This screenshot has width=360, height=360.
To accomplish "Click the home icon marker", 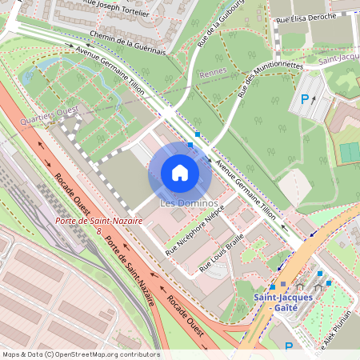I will [x=180, y=173].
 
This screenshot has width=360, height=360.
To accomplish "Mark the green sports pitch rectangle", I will [x=350, y=151].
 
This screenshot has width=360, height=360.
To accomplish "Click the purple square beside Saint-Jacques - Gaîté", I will [x=282, y=284].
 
